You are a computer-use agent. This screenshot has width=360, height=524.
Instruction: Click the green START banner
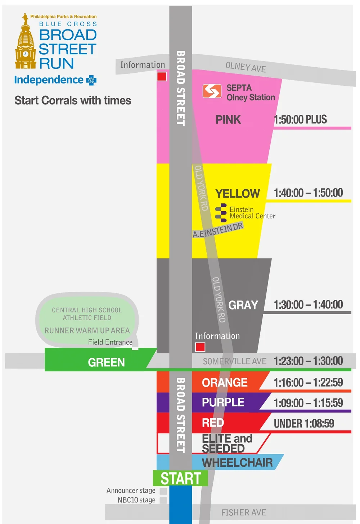(x=180, y=478)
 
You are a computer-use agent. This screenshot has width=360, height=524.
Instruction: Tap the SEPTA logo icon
(x=212, y=91)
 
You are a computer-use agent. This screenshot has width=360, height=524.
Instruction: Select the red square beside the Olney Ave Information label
(x=162, y=76)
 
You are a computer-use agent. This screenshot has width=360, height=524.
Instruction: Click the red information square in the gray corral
(x=200, y=347)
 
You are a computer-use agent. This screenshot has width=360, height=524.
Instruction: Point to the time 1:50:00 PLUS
(x=300, y=119)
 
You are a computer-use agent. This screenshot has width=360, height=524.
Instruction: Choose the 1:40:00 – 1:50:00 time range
(x=308, y=193)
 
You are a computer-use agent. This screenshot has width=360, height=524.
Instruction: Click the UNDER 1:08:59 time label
(x=304, y=424)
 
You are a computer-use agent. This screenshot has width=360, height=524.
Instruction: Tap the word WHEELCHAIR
(x=237, y=463)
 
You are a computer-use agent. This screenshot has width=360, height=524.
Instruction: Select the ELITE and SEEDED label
(x=227, y=443)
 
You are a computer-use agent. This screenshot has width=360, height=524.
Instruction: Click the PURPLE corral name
(x=223, y=402)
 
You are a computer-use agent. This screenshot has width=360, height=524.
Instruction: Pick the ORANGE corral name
(x=225, y=383)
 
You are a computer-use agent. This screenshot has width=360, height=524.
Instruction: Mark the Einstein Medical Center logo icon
(x=221, y=213)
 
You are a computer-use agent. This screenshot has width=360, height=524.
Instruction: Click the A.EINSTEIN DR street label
(x=218, y=230)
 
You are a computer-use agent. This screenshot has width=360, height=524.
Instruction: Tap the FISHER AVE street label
(x=243, y=512)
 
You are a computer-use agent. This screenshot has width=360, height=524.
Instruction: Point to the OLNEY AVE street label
(x=246, y=67)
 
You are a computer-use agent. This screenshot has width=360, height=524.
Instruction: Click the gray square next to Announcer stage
(x=163, y=491)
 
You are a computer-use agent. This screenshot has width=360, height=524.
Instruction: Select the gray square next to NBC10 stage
(x=163, y=500)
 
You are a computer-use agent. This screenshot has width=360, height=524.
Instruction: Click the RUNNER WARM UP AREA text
(x=87, y=330)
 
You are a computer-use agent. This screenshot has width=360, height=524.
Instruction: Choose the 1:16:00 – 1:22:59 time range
(x=308, y=383)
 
